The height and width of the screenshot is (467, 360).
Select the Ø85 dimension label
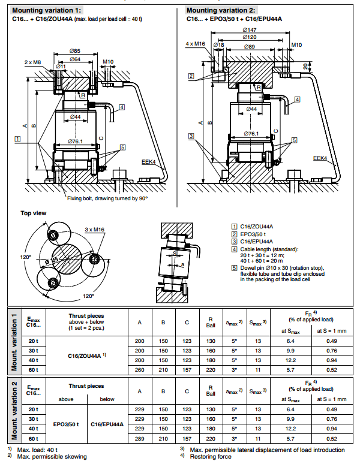pos(75,51)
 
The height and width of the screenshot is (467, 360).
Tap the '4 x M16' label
pos(195,44)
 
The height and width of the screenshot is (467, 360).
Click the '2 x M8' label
pos(33,62)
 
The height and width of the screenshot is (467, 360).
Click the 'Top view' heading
pos(34,213)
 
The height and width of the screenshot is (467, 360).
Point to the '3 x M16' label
pos(94,229)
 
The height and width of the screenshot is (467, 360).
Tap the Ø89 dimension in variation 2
pos(250,46)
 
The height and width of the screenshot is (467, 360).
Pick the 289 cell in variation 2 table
pos(139,439)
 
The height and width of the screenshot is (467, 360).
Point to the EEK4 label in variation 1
pos(148,161)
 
